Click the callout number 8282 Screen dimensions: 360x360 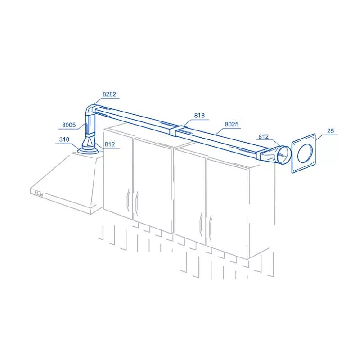[x=109, y=94]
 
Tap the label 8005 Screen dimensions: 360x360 [x=69, y=125]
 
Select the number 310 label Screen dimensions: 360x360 [x=64, y=139]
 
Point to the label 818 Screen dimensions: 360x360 [x=199, y=115]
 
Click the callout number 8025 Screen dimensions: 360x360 [x=232, y=124]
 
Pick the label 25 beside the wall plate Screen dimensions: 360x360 [x=330, y=131]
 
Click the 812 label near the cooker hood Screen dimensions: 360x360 [x=110, y=144]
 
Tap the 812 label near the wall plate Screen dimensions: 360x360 [x=263, y=137]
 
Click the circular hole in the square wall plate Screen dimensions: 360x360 [x=305, y=153]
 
